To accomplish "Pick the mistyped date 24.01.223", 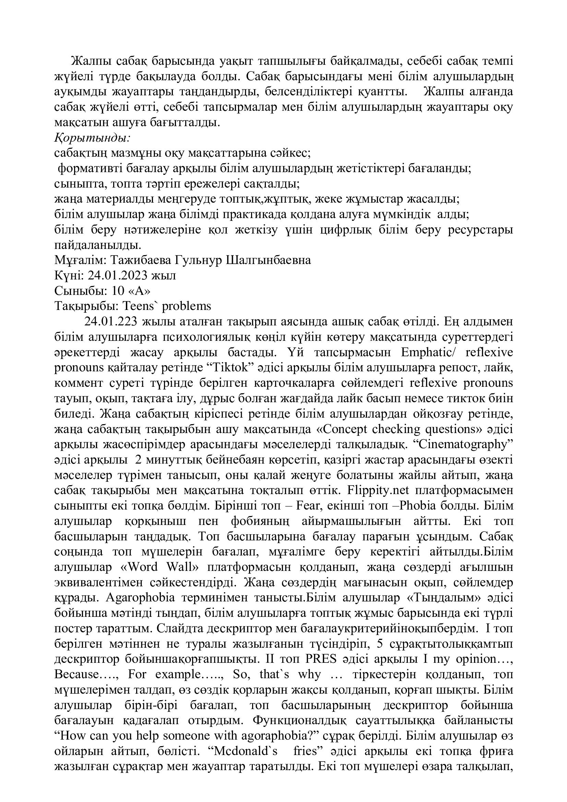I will (109, 322).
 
